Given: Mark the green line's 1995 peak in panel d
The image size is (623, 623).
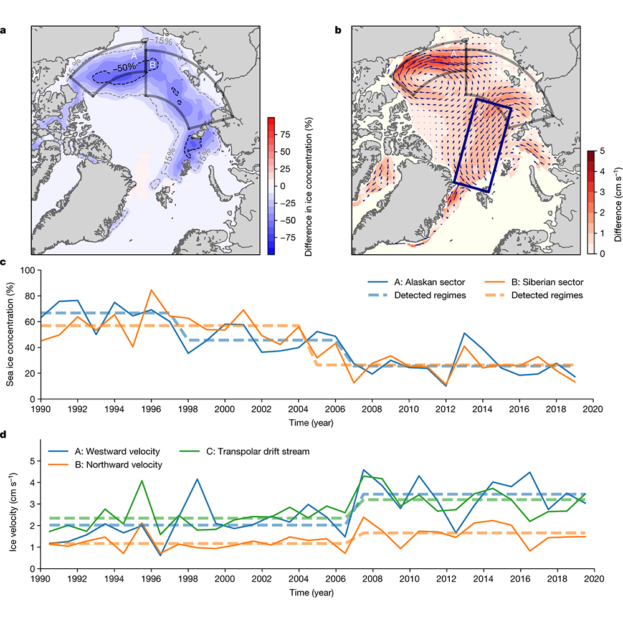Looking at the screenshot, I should click(x=142, y=480).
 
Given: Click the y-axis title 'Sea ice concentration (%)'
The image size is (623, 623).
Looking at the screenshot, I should click(x=11, y=335).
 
